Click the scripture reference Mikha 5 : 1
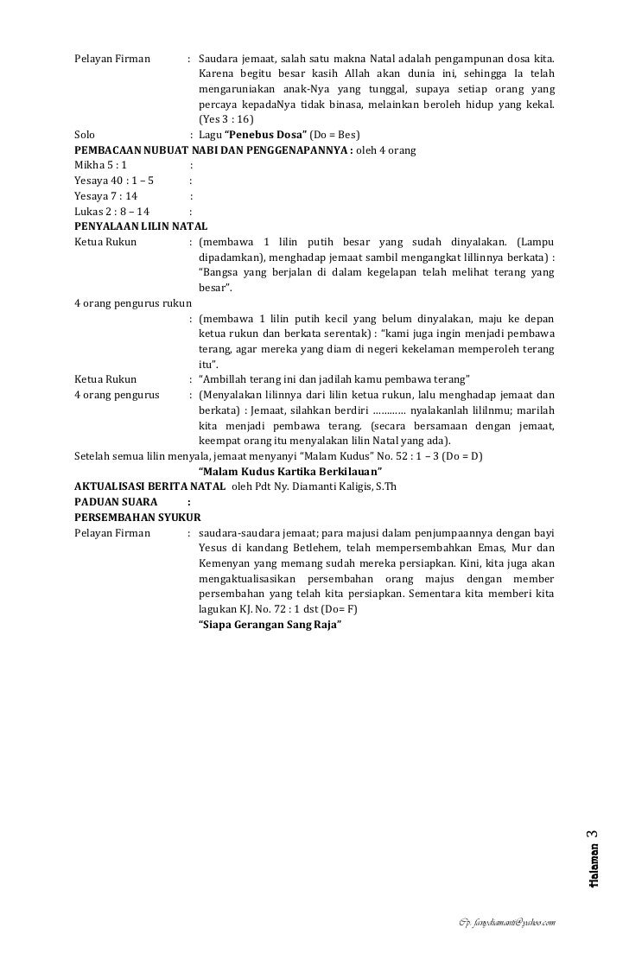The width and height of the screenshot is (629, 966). pyautogui.click(x=101, y=165)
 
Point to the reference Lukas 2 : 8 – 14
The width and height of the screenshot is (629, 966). pyautogui.click(x=111, y=210)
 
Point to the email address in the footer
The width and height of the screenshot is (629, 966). pyautogui.click(x=506, y=924)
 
